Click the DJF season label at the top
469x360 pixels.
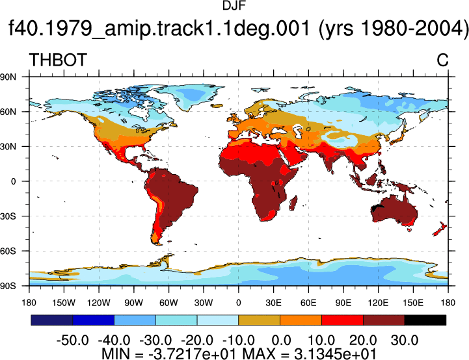click(234, 5)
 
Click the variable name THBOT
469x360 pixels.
click(58, 60)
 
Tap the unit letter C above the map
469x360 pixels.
click(443, 60)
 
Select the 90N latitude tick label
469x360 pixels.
click(8, 77)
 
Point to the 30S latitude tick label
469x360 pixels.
click(8, 216)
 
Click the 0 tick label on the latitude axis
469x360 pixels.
click(13, 181)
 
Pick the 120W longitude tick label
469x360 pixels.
click(99, 303)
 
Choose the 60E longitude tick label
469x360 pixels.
click(308, 303)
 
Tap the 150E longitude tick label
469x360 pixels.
click(413, 303)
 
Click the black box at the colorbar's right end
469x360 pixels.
click(425, 320)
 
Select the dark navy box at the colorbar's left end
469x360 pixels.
click(52, 320)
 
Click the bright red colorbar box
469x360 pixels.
click(342, 320)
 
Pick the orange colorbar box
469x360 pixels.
click(301, 320)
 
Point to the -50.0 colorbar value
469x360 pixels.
click(73, 340)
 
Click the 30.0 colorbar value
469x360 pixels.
click(405, 340)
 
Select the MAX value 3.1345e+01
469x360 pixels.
click(335, 354)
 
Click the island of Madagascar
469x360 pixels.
click(294, 203)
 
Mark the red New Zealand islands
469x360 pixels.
click(440, 229)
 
